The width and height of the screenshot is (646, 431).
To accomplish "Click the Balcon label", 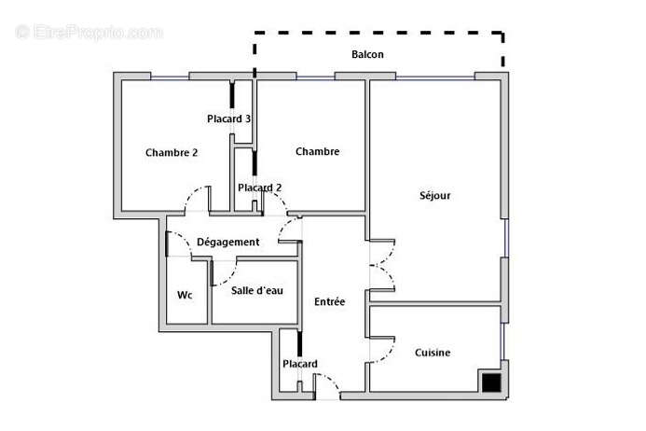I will [x=367, y=55].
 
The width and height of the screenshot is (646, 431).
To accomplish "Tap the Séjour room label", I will [x=434, y=196].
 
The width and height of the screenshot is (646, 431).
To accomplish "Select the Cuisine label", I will [x=433, y=353].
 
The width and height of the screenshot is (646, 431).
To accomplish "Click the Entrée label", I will [x=329, y=301].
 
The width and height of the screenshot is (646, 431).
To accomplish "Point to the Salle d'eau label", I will [x=257, y=291].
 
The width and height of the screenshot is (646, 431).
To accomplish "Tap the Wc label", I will [x=185, y=295].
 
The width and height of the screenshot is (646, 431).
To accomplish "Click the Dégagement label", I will [x=227, y=243].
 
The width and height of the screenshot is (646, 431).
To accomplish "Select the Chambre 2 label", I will [x=172, y=153].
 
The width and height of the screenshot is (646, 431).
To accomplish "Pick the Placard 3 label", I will [x=228, y=118].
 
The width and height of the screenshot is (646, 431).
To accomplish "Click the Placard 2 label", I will [x=259, y=188].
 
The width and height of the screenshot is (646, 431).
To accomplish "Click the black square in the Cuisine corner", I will [x=490, y=381].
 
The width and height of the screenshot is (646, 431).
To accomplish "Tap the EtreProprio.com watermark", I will [x=89, y=32].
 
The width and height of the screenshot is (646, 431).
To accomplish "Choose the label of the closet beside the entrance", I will [x=300, y=364].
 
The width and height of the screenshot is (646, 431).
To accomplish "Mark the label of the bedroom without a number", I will [x=317, y=152].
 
